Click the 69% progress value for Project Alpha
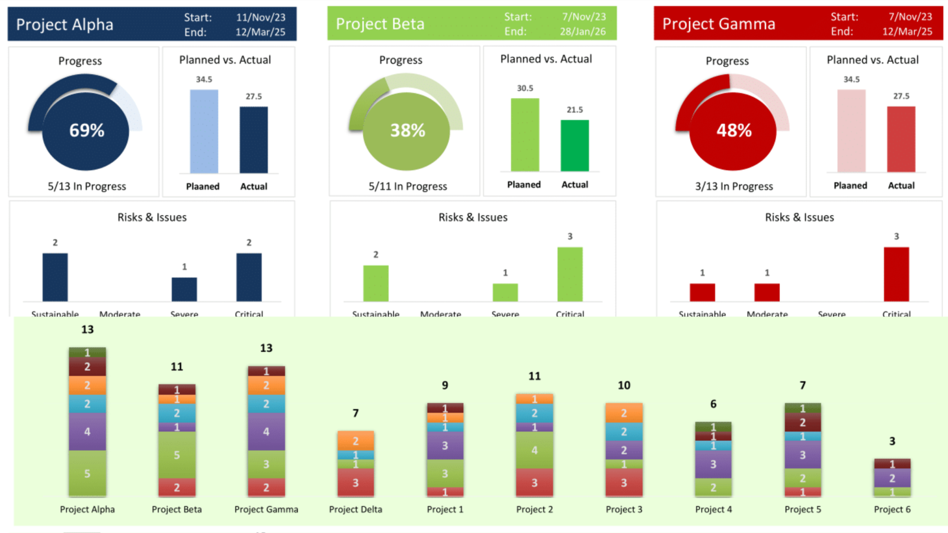coord(87,130)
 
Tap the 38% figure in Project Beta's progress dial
coord(408,130)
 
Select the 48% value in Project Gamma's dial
coord(734,130)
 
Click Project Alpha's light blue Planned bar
coord(204,131)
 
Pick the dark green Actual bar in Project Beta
coord(575,146)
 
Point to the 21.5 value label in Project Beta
coord(575,110)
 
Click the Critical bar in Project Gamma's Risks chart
coord(896,274)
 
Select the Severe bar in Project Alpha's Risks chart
coord(184,290)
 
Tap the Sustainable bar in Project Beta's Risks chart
coord(376,283)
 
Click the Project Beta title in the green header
coord(380,24)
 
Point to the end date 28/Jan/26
coord(583,31)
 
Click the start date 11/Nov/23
coord(261,17)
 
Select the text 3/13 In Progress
coord(734,186)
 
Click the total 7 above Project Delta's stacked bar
coord(355,413)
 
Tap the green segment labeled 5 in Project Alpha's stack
coord(87,473)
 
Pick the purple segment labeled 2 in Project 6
coord(892,478)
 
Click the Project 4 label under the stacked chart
coord(713,509)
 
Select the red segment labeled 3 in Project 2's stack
coord(534,483)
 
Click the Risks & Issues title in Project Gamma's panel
coord(799,217)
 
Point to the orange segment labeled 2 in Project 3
coord(624,413)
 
